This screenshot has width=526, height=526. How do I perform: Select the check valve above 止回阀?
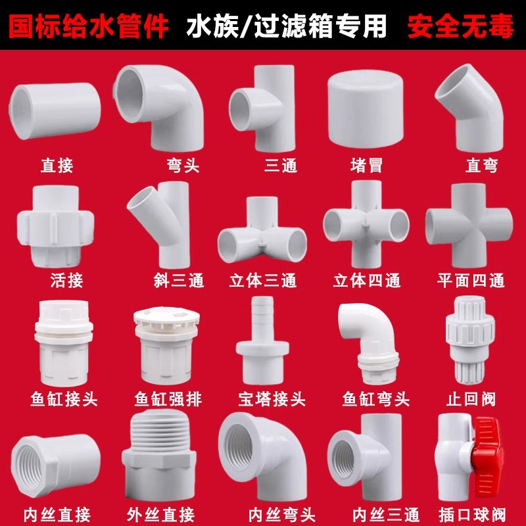467,342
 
